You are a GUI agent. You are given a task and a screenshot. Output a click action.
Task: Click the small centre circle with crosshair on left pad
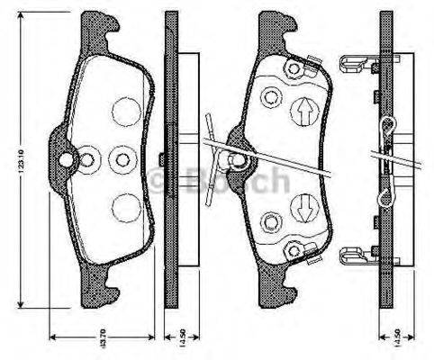coord(120,159)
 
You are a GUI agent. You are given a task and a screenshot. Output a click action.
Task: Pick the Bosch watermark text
coord(221,181)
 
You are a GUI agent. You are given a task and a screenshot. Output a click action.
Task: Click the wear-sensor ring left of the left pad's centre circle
coord(89,159)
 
